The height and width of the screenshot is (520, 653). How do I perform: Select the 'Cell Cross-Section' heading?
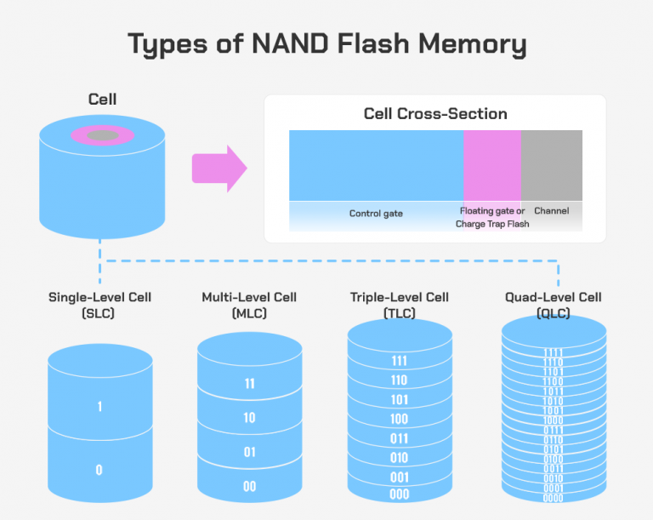[x=435, y=113]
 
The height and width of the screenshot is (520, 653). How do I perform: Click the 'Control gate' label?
[x=376, y=213]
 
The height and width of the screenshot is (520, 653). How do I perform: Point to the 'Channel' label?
[x=551, y=210]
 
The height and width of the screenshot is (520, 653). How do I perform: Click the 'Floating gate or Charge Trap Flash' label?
[x=492, y=217]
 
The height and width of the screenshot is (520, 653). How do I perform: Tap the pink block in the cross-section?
[x=491, y=165]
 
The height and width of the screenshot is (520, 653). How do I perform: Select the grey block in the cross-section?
[x=551, y=165]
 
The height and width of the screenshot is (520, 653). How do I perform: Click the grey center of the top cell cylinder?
[x=103, y=135]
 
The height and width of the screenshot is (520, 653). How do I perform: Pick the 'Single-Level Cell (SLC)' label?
[x=100, y=305]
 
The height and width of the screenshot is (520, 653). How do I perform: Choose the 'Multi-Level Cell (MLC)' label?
[x=249, y=305]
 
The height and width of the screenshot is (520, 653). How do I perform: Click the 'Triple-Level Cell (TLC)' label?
[x=399, y=305]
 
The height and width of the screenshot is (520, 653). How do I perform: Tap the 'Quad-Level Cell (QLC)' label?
[x=553, y=305]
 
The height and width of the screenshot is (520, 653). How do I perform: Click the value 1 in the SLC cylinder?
[x=99, y=407]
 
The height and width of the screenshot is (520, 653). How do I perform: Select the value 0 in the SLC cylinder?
[x=99, y=470]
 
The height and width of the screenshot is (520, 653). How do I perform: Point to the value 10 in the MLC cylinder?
[x=249, y=418]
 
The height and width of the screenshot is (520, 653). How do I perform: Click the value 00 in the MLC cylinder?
[x=249, y=485]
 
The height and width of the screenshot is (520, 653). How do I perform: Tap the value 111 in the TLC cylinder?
[x=399, y=361]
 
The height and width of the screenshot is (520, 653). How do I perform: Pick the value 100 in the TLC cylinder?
[x=399, y=420]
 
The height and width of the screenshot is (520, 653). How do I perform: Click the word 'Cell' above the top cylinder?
[x=102, y=100]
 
